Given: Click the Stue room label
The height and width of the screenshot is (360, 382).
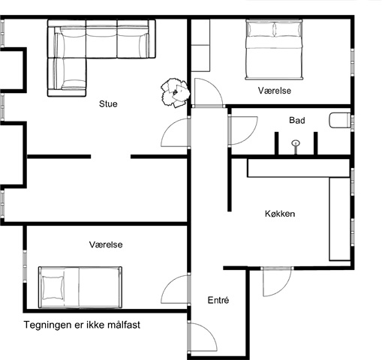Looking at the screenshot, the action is (108, 103).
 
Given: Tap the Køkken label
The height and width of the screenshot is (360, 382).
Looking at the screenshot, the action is (280, 214).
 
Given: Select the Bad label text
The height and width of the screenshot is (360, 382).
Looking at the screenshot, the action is (297, 120).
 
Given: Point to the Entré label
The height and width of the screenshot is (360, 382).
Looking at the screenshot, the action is (218, 300).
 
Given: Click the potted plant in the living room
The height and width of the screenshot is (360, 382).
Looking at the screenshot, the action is (175, 92).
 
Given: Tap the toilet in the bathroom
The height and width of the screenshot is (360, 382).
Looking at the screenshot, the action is (340, 120).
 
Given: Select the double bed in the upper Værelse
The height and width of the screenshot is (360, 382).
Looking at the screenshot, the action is (274, 49).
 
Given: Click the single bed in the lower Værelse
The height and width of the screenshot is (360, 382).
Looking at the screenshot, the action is (80, 287).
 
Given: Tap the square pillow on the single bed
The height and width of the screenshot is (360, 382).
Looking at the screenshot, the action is (53, 287).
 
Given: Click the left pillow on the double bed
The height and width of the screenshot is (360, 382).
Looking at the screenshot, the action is (260, 29).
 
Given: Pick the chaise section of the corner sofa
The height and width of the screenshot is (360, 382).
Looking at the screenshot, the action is (67, 77).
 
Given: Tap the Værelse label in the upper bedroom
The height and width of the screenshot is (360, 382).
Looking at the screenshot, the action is (275, 91).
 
